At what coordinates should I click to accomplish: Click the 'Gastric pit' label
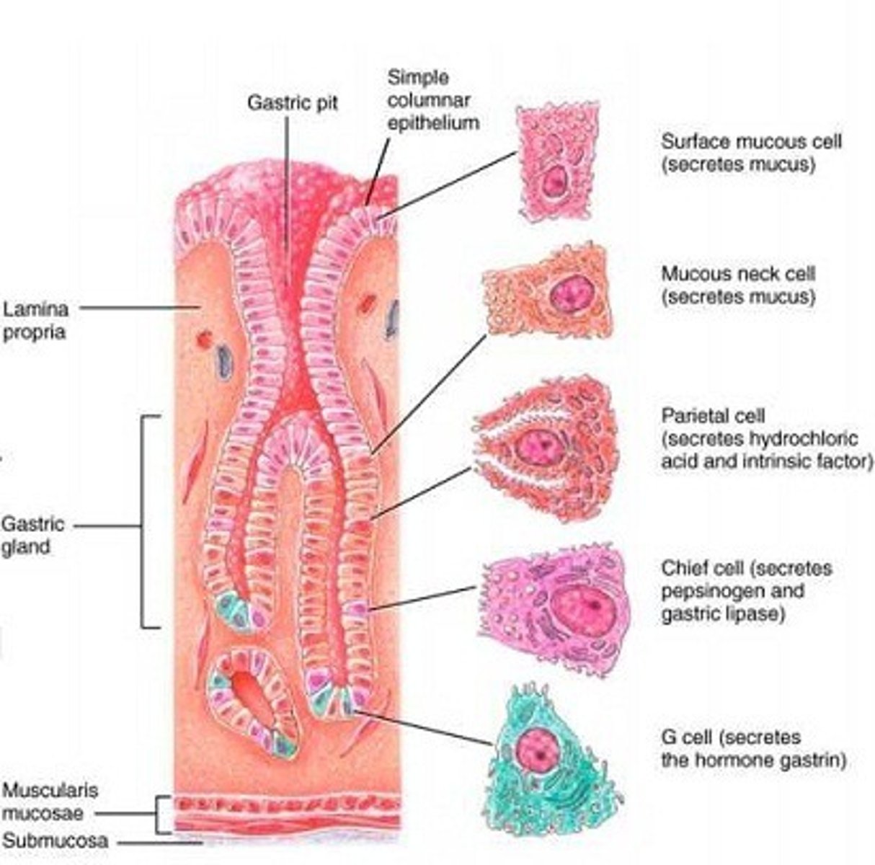click(292, 102)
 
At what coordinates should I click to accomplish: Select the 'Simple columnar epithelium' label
click(432, 100)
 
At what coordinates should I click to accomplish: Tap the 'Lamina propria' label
click(36, 320)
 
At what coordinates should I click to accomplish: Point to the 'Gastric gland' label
click(32, 535)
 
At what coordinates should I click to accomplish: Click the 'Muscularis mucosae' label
click(48, 801)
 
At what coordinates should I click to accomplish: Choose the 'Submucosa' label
click(55, 840)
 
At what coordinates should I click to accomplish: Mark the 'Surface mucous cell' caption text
click(750, 141)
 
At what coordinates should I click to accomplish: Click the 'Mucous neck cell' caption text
click(738, 274)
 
